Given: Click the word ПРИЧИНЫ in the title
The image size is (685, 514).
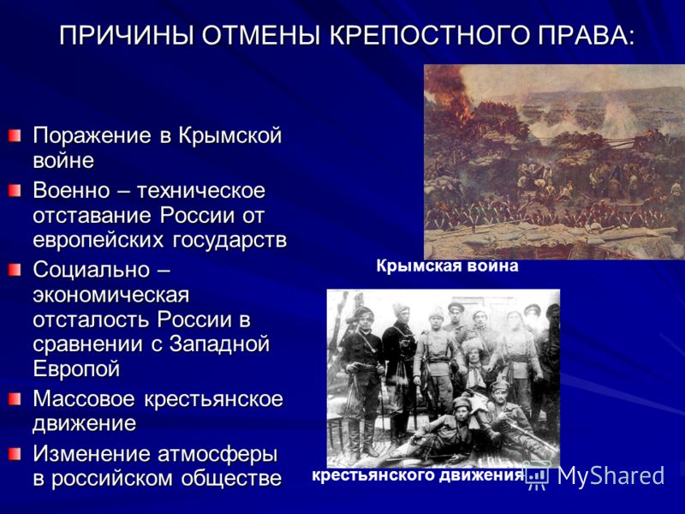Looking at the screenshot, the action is coord(127,35).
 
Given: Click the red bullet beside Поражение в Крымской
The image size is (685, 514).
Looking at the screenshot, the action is coord(15,135).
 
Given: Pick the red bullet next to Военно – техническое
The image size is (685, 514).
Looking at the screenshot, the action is coord(15,190).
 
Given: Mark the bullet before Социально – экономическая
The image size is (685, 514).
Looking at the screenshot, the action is coord(15,270).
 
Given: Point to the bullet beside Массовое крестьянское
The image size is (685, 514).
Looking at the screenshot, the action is coord(15,399).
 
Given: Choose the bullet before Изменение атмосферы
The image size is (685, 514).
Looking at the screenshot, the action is coord(15,454).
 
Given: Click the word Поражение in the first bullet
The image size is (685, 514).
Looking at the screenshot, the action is coord(92,136).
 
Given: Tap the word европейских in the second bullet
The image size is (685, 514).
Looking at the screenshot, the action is coord(98,241).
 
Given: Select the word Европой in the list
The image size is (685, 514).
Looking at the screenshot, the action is coord(76,369).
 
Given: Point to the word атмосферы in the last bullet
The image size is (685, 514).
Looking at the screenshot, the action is coord(217,455).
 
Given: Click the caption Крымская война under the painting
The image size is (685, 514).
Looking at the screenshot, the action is coord(447,266).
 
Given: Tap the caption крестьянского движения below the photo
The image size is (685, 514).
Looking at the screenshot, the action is coord(418,476).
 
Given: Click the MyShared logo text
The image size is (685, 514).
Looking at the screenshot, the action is coord(611,475).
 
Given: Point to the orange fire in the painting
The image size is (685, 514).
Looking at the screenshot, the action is coord(450,94).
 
